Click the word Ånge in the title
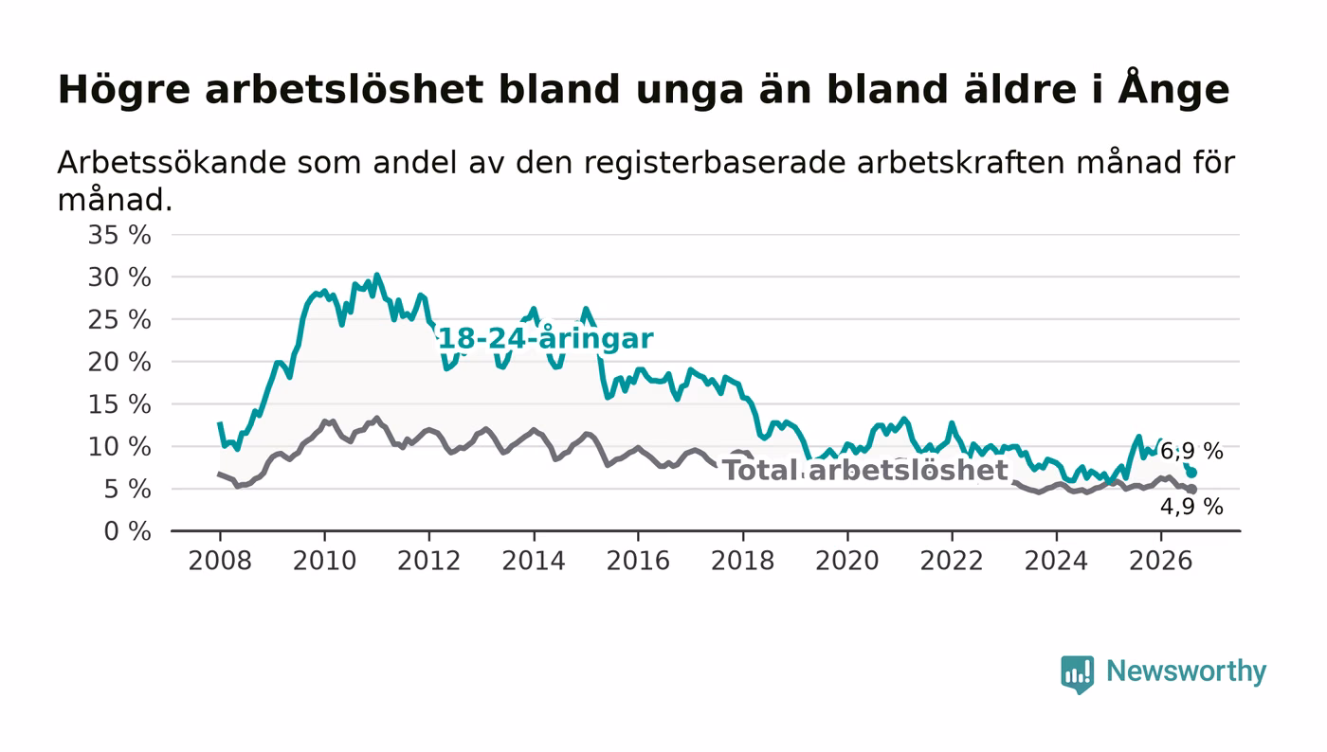pyautogui.click(x=1174, y=88)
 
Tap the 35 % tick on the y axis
pyautogui.click(x=119, y=235)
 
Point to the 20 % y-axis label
pyautogui.click(x=119, y=362)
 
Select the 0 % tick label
pyautogui.click(x=127, y=531)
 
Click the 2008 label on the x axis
pyautogui.click(x=220, y=561)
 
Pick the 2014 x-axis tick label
pyautogui.click(x=534, y=561)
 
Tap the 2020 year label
pyautogui.click(x=847, y=561)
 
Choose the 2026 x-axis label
pyautogui.click(x=1160, y=561)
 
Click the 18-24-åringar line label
pyautogui.click(x=545, y=339)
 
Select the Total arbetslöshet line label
pyautogui.click(x=865, y=471)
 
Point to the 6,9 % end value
pyautogui.click(x=1191, y=451)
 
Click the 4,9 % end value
pyautogui.click(x=1191, y=507)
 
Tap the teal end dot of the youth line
pyautogui.click(x=1192, y=473)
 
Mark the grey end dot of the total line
pyautogui.click(x=1192, y=489)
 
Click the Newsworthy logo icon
pyautogui.click(x=1077, y=673)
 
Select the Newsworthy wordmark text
pyautogui.click(x=1186, y=671)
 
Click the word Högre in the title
pyautogui.click(x=124, y=90)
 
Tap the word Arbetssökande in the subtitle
pyautogui.click(x=172, y=163)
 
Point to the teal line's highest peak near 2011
pyautogui.click(x=377, y=275)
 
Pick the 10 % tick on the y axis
pyautogui.click(x=119, y=447)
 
